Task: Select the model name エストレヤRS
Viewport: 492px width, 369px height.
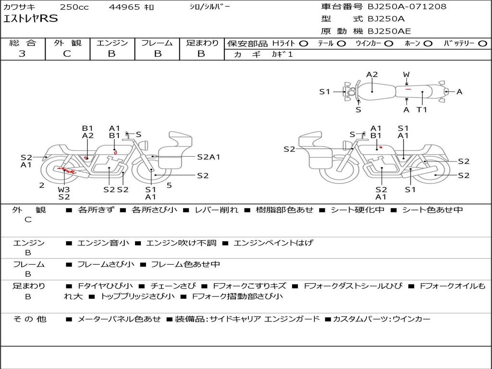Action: click(x=31, y=19)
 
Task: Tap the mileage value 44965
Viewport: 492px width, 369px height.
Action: click(x=124, y=7)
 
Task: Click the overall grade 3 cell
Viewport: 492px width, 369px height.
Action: click(x=22, y=54)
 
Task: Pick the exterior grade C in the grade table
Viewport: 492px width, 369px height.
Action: click(x=67, y=54)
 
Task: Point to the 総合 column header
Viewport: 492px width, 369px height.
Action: click(x=22, y=43)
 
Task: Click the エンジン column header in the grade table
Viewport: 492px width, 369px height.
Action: click(x=112, y=43)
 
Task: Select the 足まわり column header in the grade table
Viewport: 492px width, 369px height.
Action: click(x=202, y=43)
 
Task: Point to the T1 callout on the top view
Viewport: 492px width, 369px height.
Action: click(x=421, y=110)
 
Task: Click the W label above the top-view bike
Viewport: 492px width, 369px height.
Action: click(x=406, y=74)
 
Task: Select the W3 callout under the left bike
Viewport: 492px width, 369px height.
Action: click(x=64, y=189)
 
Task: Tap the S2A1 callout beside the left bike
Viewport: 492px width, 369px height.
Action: click(x=209, y=157)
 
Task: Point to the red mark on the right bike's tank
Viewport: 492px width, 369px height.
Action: click(x=380, y=147)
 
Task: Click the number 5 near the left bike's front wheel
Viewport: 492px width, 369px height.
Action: click(x=169, y=185)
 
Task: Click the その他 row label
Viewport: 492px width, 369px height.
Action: click(x=30, y=319)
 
